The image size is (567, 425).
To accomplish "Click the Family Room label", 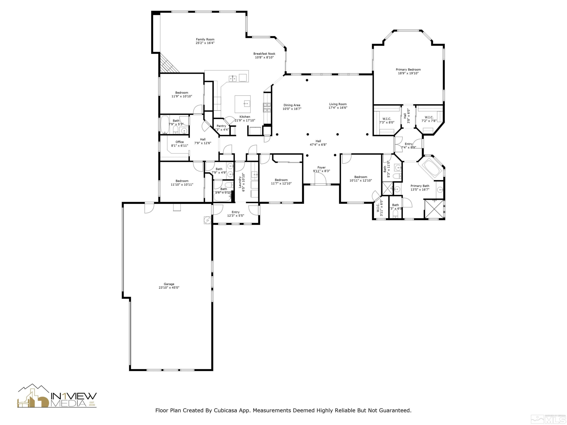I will pyautogui.click(x=205, y=39).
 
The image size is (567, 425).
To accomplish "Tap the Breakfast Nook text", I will pyautogui.click(x=264, y=54).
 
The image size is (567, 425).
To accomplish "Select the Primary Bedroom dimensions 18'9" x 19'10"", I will pyautogui.click(x=408, y=73).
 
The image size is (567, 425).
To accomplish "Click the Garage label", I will pyautogui.click(x=169, y=284).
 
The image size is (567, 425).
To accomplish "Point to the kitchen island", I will pyautogui.click(x=242, y=104).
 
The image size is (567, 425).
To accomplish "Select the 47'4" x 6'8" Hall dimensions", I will pyautogui.click(x=318, y=145).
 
